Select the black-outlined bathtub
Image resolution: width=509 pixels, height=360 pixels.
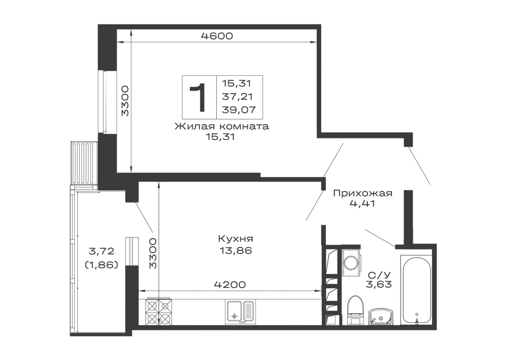coord(415,289)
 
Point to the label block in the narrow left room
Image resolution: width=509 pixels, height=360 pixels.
coord(101,251)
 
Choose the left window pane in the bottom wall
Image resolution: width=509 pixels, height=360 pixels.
coord(199,311)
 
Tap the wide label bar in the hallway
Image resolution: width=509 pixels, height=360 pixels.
coord(362,193)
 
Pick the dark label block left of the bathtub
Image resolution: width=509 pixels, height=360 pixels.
coord(379,280)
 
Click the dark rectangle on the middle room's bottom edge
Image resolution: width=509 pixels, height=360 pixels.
coord(230,285)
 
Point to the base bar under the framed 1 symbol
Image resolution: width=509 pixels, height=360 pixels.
coord(221,126)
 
